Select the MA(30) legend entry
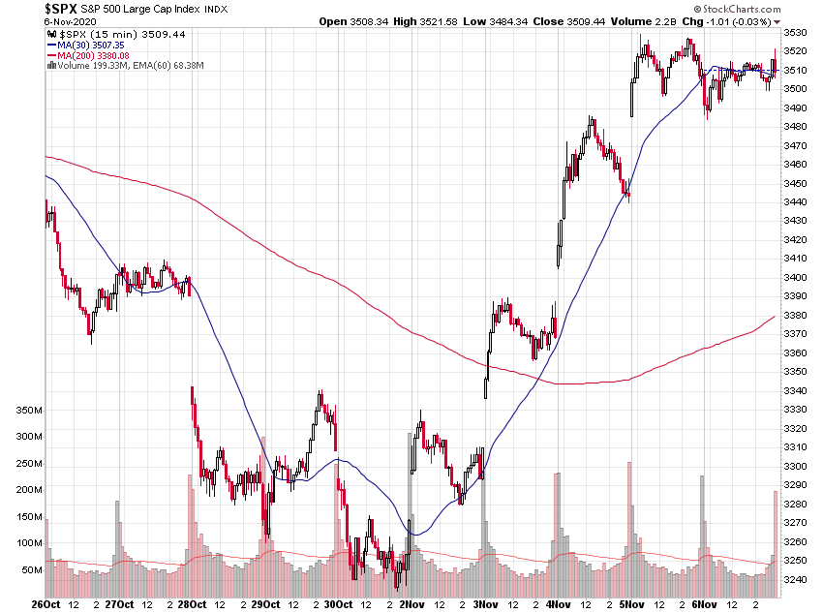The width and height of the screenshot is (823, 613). click(x=88, y=45)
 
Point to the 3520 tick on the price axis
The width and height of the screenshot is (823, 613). click(x=798, y=50)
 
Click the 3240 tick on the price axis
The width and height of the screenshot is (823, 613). click(x=798, y=579)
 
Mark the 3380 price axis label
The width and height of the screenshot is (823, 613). click(x=798, y=315)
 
